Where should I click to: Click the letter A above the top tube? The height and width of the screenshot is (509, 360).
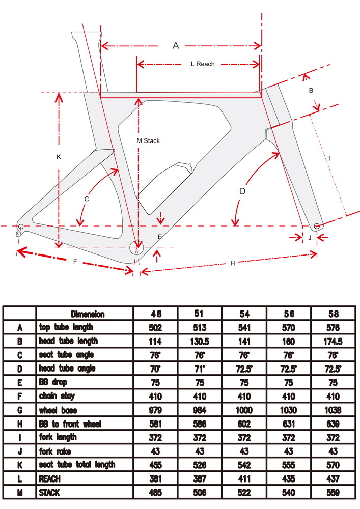(176, 45)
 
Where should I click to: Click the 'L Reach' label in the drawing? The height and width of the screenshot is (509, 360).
(203, 64)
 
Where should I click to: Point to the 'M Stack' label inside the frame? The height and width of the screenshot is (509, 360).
(148, 140)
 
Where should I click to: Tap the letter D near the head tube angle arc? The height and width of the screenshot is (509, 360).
(242, 191)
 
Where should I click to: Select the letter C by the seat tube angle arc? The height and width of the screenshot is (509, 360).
(87, 199)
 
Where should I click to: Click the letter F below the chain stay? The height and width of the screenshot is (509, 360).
(75, 262)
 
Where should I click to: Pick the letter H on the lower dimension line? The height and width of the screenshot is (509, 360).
(232, 263)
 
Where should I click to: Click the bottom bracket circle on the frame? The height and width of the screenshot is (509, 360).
(136, 248)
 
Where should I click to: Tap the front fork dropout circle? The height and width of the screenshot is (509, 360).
(317, 226)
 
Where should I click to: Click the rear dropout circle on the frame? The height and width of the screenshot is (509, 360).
(21, 227)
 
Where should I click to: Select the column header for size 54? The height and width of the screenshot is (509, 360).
(244, 314)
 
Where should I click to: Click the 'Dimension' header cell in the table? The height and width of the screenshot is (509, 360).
(88, 314)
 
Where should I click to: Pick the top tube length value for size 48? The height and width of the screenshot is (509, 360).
(155, 327)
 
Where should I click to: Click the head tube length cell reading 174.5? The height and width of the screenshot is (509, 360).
(333, 341)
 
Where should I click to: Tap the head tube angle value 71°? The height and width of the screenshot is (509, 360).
(200, 369)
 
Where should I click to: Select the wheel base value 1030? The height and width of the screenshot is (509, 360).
(289, 410)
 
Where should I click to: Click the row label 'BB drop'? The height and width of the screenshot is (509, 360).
(53, 382)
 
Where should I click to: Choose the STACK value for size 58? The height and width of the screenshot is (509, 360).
(333, 492)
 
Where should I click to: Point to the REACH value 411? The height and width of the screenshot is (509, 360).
(244, 478)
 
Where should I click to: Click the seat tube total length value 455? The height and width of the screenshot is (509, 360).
(155, 465)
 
